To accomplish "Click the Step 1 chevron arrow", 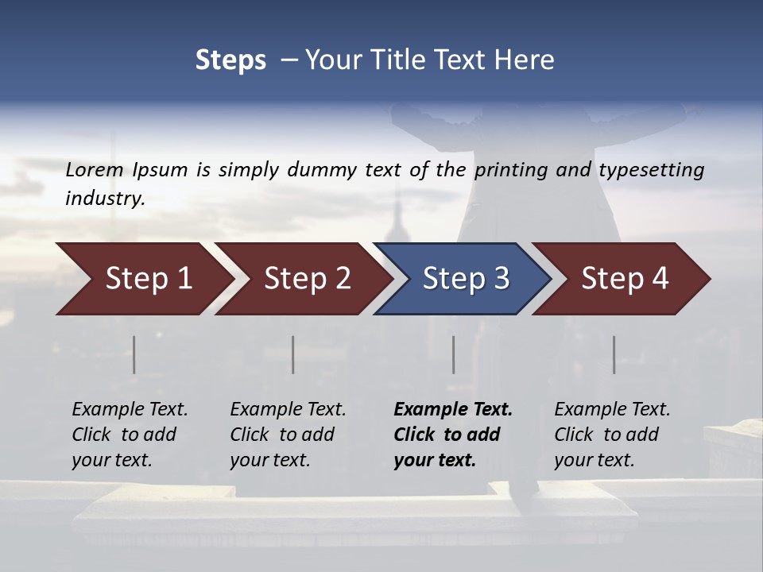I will (143, 279).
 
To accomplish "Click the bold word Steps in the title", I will (230, 60).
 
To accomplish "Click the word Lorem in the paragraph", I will (95, 170).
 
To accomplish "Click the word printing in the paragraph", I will (503, 170).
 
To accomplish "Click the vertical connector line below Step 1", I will (134, 354).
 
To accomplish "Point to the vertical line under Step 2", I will (293, 354).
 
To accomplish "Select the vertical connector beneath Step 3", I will (454, 354).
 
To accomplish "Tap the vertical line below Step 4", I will (614, 354).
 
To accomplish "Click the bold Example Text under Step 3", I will (453, 410).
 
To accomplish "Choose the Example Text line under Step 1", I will (130, 410).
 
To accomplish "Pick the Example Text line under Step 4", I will (612, 410).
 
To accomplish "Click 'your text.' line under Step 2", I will (270, 460).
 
